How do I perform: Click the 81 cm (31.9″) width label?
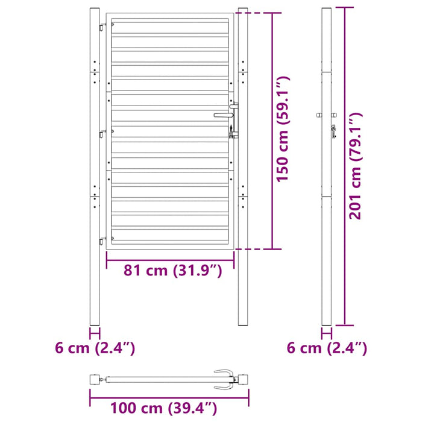coord(173,270)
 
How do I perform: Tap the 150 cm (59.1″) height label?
coord(283,129)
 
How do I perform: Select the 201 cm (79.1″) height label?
coord(355,166)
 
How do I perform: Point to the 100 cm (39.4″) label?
coord(163,408)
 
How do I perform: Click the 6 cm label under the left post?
coord(95,348)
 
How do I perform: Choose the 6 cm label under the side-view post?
coord(327,348)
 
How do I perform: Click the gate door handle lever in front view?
coord(224,115)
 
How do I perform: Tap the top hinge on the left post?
coord(103,27)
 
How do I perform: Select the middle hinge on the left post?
coord(103,133)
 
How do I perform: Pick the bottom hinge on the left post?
coord(103,241)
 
